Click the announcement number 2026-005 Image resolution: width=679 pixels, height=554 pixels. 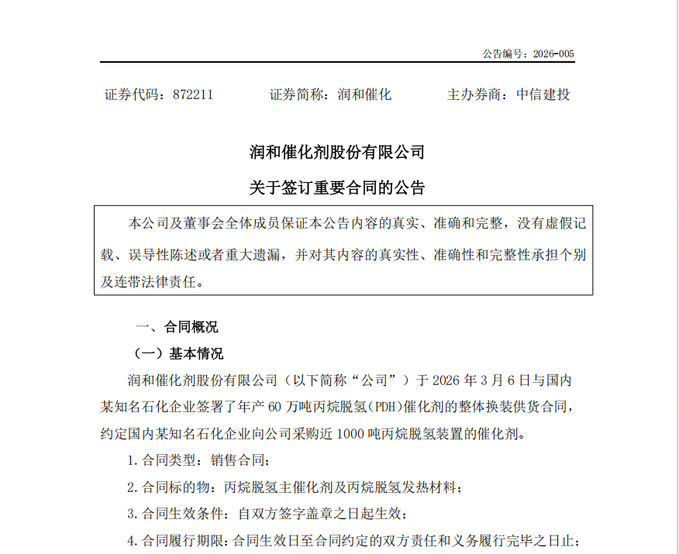tap(551, 54)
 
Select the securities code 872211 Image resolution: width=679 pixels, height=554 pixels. tap(192, 95)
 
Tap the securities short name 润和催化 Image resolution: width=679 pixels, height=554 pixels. tap(365, 95)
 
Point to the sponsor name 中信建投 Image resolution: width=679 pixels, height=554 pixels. tap(543, 95)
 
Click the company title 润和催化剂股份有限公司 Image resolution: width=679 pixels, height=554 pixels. tap(337, 152)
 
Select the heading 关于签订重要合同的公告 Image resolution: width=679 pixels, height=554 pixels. tap(337, 188)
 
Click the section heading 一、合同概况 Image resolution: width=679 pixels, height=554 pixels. tap(178, 326)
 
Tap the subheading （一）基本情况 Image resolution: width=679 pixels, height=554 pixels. tap(179, 354)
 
